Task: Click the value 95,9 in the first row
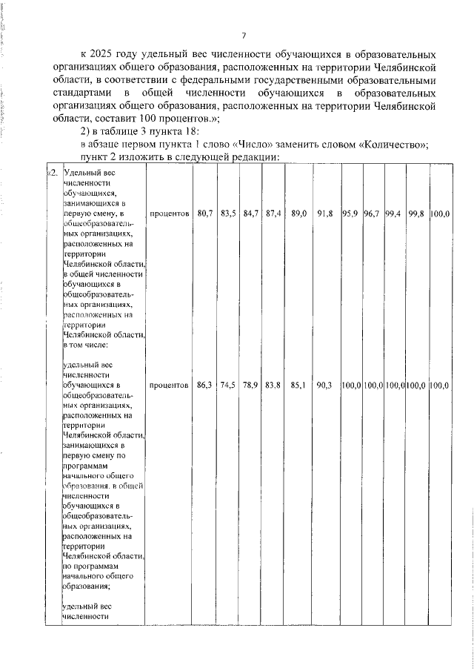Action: (351, 214)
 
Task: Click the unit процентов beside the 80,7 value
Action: (169, 214)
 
